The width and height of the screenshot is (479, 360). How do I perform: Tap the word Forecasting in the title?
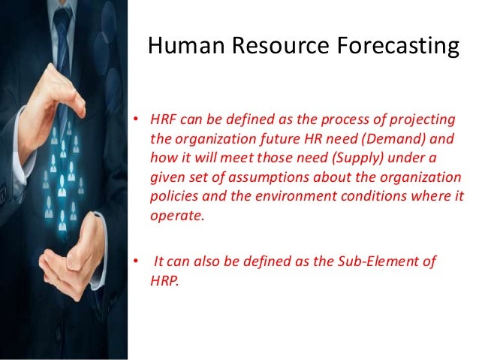[x=397, y=47]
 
